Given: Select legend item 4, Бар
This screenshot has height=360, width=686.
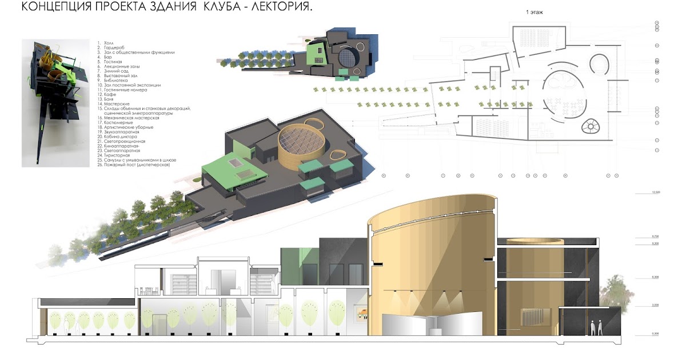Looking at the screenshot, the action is pos(106,57).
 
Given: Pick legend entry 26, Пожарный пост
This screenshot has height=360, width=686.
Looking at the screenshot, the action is pos(137,165).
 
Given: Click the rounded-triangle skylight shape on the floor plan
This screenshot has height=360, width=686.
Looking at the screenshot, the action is pos(590,126).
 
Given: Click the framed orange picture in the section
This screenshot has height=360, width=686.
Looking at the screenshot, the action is pos(363,313).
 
